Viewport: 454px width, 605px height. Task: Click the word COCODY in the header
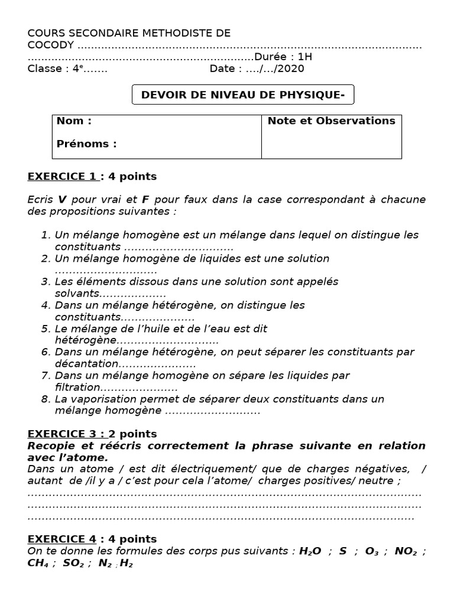(x=51, y=45)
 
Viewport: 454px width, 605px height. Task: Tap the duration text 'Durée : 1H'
(x=283, y=57)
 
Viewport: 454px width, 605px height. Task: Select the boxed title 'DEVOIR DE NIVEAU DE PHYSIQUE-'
(x=243, y=94)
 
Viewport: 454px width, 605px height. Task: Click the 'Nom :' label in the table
(x=74, y=121)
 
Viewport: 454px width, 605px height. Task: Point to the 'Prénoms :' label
(x=86, y=144)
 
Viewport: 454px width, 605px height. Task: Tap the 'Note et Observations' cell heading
(x=331, y=121)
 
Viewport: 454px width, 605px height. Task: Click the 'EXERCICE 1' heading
(x=61, y=177)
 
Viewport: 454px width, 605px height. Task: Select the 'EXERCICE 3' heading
(x=61, y=434)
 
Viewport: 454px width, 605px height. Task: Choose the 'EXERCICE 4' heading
(x=61, y=539)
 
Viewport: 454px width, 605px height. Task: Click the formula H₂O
(x=310, y=551)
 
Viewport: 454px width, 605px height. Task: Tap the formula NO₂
(x=406, y=551)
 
